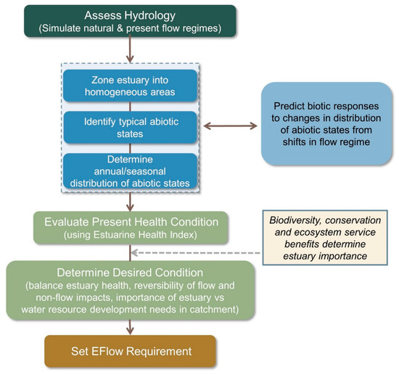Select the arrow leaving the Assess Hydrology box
point(130,49)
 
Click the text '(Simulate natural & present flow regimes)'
point(129,29)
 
